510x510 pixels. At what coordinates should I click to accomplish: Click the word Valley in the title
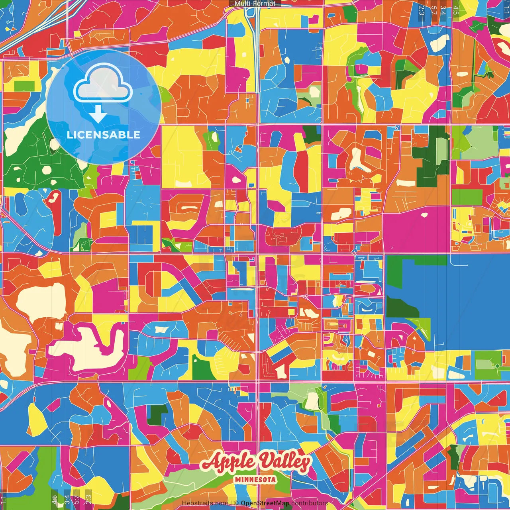pos(284,462)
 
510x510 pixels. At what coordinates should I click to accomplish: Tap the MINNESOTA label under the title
pos(255,479)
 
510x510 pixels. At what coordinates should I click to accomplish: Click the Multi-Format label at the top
pos(255,4)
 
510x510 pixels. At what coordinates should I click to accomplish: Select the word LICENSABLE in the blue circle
pos(104,135)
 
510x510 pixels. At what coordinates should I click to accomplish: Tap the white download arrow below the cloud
pos(98,114)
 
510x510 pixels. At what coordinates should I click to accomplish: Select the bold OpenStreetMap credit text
pos(265,504)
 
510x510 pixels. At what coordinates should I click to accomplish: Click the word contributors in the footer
pos(310,504)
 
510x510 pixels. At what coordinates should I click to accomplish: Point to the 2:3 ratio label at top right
pos(422,10)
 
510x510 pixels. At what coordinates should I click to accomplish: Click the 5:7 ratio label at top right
pos(433,10)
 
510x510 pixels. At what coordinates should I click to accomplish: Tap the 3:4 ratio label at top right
pos(443,10)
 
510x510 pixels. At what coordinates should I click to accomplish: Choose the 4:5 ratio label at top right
pos(456,10)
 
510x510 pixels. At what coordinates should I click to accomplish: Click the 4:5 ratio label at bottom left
pos(54,500)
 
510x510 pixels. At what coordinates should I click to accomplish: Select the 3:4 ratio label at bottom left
pos(67,500)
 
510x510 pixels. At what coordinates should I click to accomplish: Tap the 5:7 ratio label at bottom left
pos(76,500)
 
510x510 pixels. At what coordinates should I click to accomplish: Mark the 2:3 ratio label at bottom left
pos(88,500)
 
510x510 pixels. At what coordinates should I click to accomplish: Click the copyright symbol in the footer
pos(236,504)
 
